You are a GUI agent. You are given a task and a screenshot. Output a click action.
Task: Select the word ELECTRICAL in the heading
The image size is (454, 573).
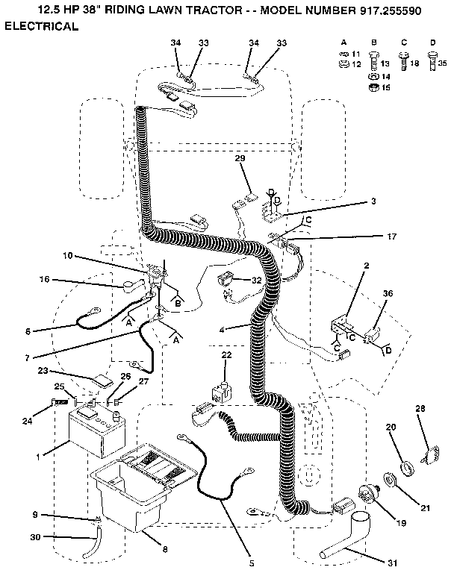42,26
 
